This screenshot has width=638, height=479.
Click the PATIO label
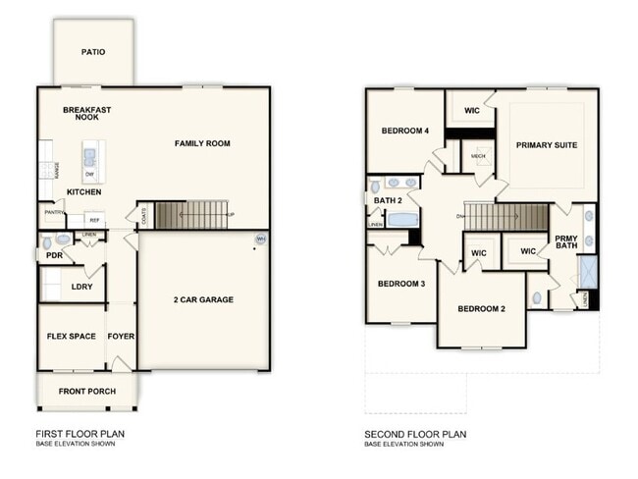click(94, 52)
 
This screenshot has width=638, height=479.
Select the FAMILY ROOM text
click(202, 143)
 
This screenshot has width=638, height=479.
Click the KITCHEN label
click(84, 191)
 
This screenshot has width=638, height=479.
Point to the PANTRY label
click(55, 212)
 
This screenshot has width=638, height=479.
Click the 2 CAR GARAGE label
click(203, 299)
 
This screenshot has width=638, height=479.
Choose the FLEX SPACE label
click(72, 336)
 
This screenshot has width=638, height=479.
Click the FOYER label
click(121, 336)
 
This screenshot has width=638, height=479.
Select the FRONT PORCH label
click(87, 392)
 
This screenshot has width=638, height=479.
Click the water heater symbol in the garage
click(260, 239)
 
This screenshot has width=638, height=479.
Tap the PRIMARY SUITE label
click(547, 145)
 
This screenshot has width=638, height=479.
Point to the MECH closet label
click(478, 156)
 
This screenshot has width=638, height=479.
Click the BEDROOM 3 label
click(401, 284)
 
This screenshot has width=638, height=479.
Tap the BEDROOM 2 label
click(482, 309)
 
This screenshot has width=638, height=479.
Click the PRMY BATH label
click(566, 242)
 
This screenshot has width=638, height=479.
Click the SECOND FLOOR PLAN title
click(415, 433)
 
